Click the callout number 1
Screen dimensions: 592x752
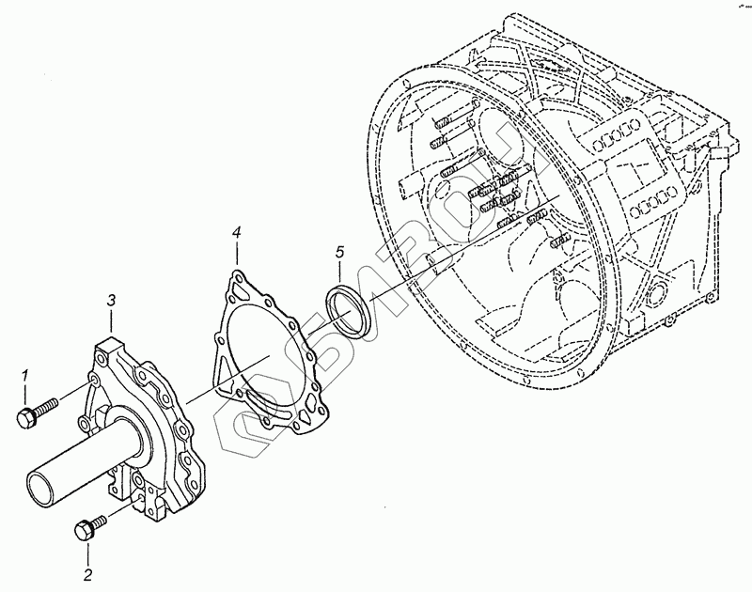26,376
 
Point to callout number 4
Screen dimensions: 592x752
237,232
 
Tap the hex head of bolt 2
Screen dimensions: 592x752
81,532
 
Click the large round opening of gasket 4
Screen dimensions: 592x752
255,352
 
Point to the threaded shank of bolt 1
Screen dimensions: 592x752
47,406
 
